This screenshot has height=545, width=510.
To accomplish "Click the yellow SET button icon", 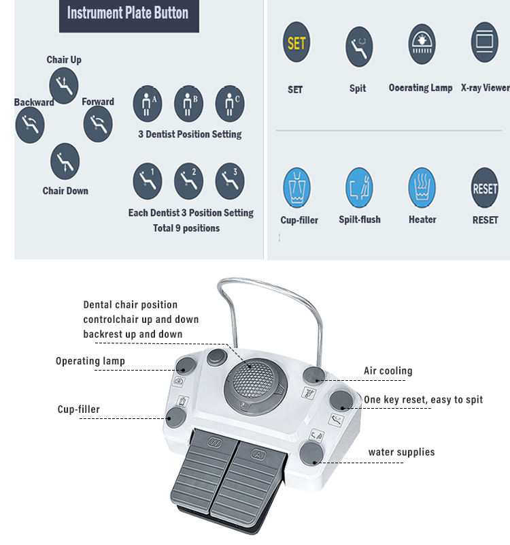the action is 296,42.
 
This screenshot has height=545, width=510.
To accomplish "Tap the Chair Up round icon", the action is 63,86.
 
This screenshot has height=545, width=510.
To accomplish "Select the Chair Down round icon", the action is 65,161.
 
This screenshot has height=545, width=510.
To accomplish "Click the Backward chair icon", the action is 30,125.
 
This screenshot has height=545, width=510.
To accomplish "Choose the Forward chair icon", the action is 98,124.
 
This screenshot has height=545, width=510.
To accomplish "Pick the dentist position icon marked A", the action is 148,104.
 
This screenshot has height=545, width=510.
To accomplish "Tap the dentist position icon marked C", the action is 230,104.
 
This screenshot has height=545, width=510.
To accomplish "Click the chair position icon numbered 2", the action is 189,181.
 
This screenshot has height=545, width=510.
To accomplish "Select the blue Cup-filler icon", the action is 296,188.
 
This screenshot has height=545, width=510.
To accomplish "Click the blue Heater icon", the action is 422,188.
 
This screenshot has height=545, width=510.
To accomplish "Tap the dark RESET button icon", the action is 485,188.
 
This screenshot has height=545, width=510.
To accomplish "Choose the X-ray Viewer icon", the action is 485,42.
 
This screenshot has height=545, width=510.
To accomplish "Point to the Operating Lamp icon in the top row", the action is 422,44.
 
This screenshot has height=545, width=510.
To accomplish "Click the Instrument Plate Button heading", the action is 128,13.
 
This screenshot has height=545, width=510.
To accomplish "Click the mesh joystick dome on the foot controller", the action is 253,379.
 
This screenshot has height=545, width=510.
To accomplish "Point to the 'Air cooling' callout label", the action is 388,371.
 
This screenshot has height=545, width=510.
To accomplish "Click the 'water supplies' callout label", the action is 401,452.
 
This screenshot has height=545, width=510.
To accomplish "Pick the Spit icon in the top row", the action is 359,46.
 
